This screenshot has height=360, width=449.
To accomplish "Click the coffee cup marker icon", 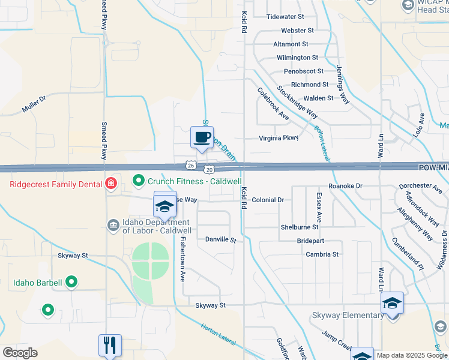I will [202, 137].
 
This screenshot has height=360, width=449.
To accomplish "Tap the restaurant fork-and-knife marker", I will [110, 345].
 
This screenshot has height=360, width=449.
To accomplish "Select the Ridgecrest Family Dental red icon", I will [110, 184].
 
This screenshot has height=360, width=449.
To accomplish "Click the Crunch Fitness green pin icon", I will [138, 180].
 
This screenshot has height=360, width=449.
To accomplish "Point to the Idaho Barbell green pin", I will [71, 281].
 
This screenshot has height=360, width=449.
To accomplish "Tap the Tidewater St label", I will [286, 17].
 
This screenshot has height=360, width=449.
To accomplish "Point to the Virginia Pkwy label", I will [279, 138].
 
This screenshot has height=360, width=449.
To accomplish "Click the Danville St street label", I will [221, 239].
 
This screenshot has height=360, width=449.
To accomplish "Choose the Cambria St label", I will [322, 254].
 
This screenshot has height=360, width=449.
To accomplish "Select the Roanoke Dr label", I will [346, 187].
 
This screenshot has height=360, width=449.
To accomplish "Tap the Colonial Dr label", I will [268, 200].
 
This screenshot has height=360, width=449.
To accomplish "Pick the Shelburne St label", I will [300, 227].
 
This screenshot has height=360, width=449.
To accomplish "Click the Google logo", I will [20, 353].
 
